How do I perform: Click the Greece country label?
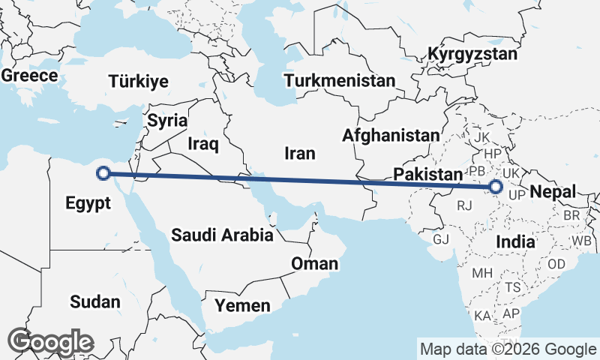click(x=30, y=76)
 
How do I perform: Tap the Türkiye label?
click(x=139, y=82)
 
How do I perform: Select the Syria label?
click(x=167, y=120)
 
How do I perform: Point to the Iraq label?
click(x=202, y=142)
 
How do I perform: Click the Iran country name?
click(x=299, y=153)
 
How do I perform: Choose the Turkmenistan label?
click(x=340, y=80)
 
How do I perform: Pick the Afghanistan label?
click(x=391, y=136)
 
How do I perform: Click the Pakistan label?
click(x=427, y=174)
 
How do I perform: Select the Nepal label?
click(x=553, y=192)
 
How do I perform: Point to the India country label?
click(x=515, y=242)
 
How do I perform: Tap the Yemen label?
click(x=242, y=305)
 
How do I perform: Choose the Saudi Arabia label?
click(x=222, y=235)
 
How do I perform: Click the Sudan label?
click(x=94, y=301)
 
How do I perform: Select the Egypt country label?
click(x=88, y=202)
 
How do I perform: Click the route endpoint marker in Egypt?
click(x=104, y=174)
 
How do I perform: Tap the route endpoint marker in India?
click(x=495, y=187)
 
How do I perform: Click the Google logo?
click(x=51, y=342)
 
